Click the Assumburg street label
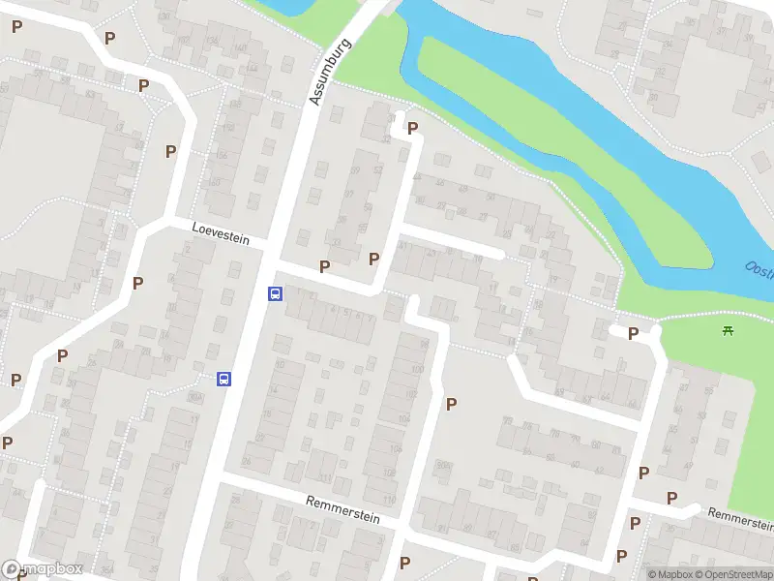pyautogui.click(x=329, y=73)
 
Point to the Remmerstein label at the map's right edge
pyautogui.click(x=740, y=519)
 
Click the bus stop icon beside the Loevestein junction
pyautogui.click(x=275, y=293)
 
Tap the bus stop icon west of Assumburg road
pyautogui.click(x=224, y=379)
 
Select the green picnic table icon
pyautogui.click(x=728, y=331)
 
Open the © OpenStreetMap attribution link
pyautogui.click(x=732, y=574)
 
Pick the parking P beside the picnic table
pyautogui.click(x=633, y=334)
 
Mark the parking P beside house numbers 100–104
pyautogui.click(x=451, y=404)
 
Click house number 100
pyautogui.click(x=417, y=369)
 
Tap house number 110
pyautogui.click(x=389, y=499)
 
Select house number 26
pyautogui.click(x=246, y=461)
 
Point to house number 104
pyautogui.click(x=403, y=418)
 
